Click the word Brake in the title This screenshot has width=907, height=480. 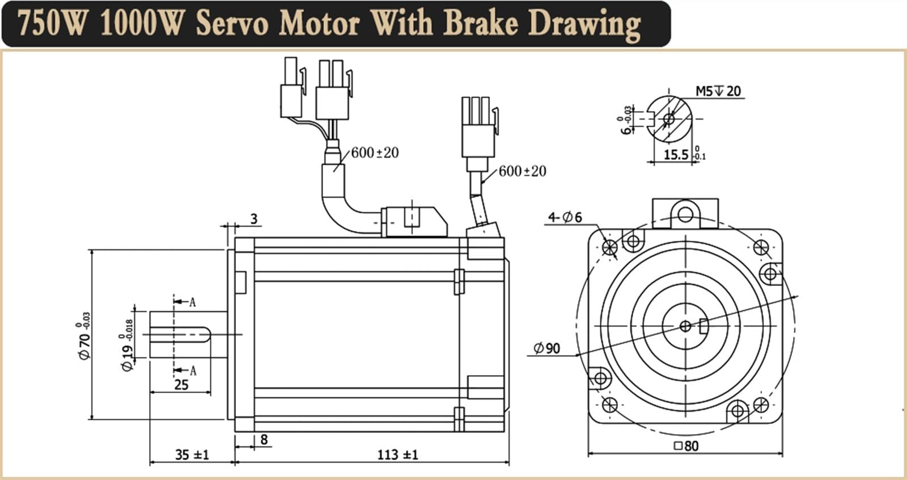click(480, 23)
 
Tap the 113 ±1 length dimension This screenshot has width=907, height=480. click(397, 454)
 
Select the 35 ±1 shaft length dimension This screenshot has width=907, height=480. click(192, 454)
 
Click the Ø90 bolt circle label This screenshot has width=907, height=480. click(547, 348)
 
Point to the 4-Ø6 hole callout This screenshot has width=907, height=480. click(565, 217)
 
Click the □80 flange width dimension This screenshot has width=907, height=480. click(686, 446)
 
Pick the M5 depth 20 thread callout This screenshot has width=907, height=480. click(718, 91)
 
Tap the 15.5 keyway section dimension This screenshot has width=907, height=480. click(676, 154)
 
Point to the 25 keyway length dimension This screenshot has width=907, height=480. click(181, 385)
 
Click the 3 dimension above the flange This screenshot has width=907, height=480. click(253, 218)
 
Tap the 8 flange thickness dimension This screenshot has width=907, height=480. click(264, 439)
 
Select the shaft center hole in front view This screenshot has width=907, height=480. click(685, 326)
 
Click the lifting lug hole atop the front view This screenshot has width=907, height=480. click(685, 214)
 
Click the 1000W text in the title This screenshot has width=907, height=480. click(141, 23)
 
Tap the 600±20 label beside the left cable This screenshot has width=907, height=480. click(375, 153)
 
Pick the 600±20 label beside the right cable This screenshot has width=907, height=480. click(522, 171)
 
